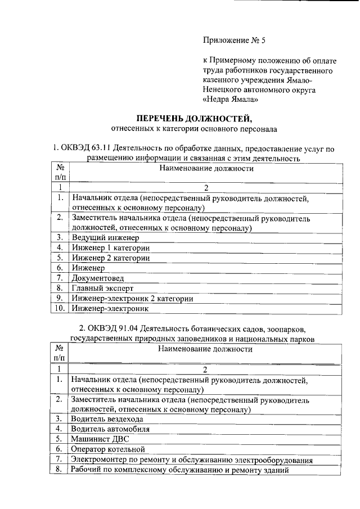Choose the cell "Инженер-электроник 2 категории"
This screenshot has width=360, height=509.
[132, 298]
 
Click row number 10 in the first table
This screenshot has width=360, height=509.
[59, 308]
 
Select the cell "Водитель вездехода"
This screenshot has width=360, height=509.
[107, 419]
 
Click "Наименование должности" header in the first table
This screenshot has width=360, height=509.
[205, 169]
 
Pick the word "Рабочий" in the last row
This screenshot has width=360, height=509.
[86, 469]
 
